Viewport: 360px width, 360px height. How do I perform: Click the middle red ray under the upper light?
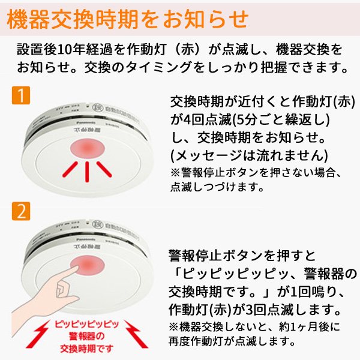[x=88, y=173]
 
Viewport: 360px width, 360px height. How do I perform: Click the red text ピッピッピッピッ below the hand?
[x=87, y=323]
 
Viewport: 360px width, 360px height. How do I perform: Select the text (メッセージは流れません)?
[x=249, y=156]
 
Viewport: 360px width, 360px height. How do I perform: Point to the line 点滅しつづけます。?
[x=217, y=187]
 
